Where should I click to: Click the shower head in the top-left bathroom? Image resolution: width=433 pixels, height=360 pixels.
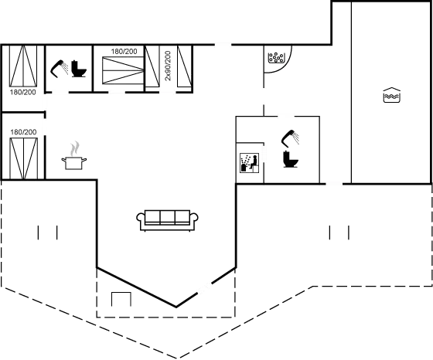[x=59, y=68]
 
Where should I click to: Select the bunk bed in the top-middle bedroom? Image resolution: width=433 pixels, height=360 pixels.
[x=118, y=70]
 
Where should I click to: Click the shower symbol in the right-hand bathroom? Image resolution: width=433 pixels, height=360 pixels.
[x=290, y=139]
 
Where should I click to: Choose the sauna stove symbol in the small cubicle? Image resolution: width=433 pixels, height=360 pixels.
[x=248, y=162]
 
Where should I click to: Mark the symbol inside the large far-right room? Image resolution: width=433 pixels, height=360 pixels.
[x=392, y=96]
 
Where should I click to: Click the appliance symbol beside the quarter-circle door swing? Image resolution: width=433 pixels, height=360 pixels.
[x=276, y=56]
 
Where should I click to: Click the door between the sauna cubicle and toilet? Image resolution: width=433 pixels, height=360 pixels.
[x=264, y=154]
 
